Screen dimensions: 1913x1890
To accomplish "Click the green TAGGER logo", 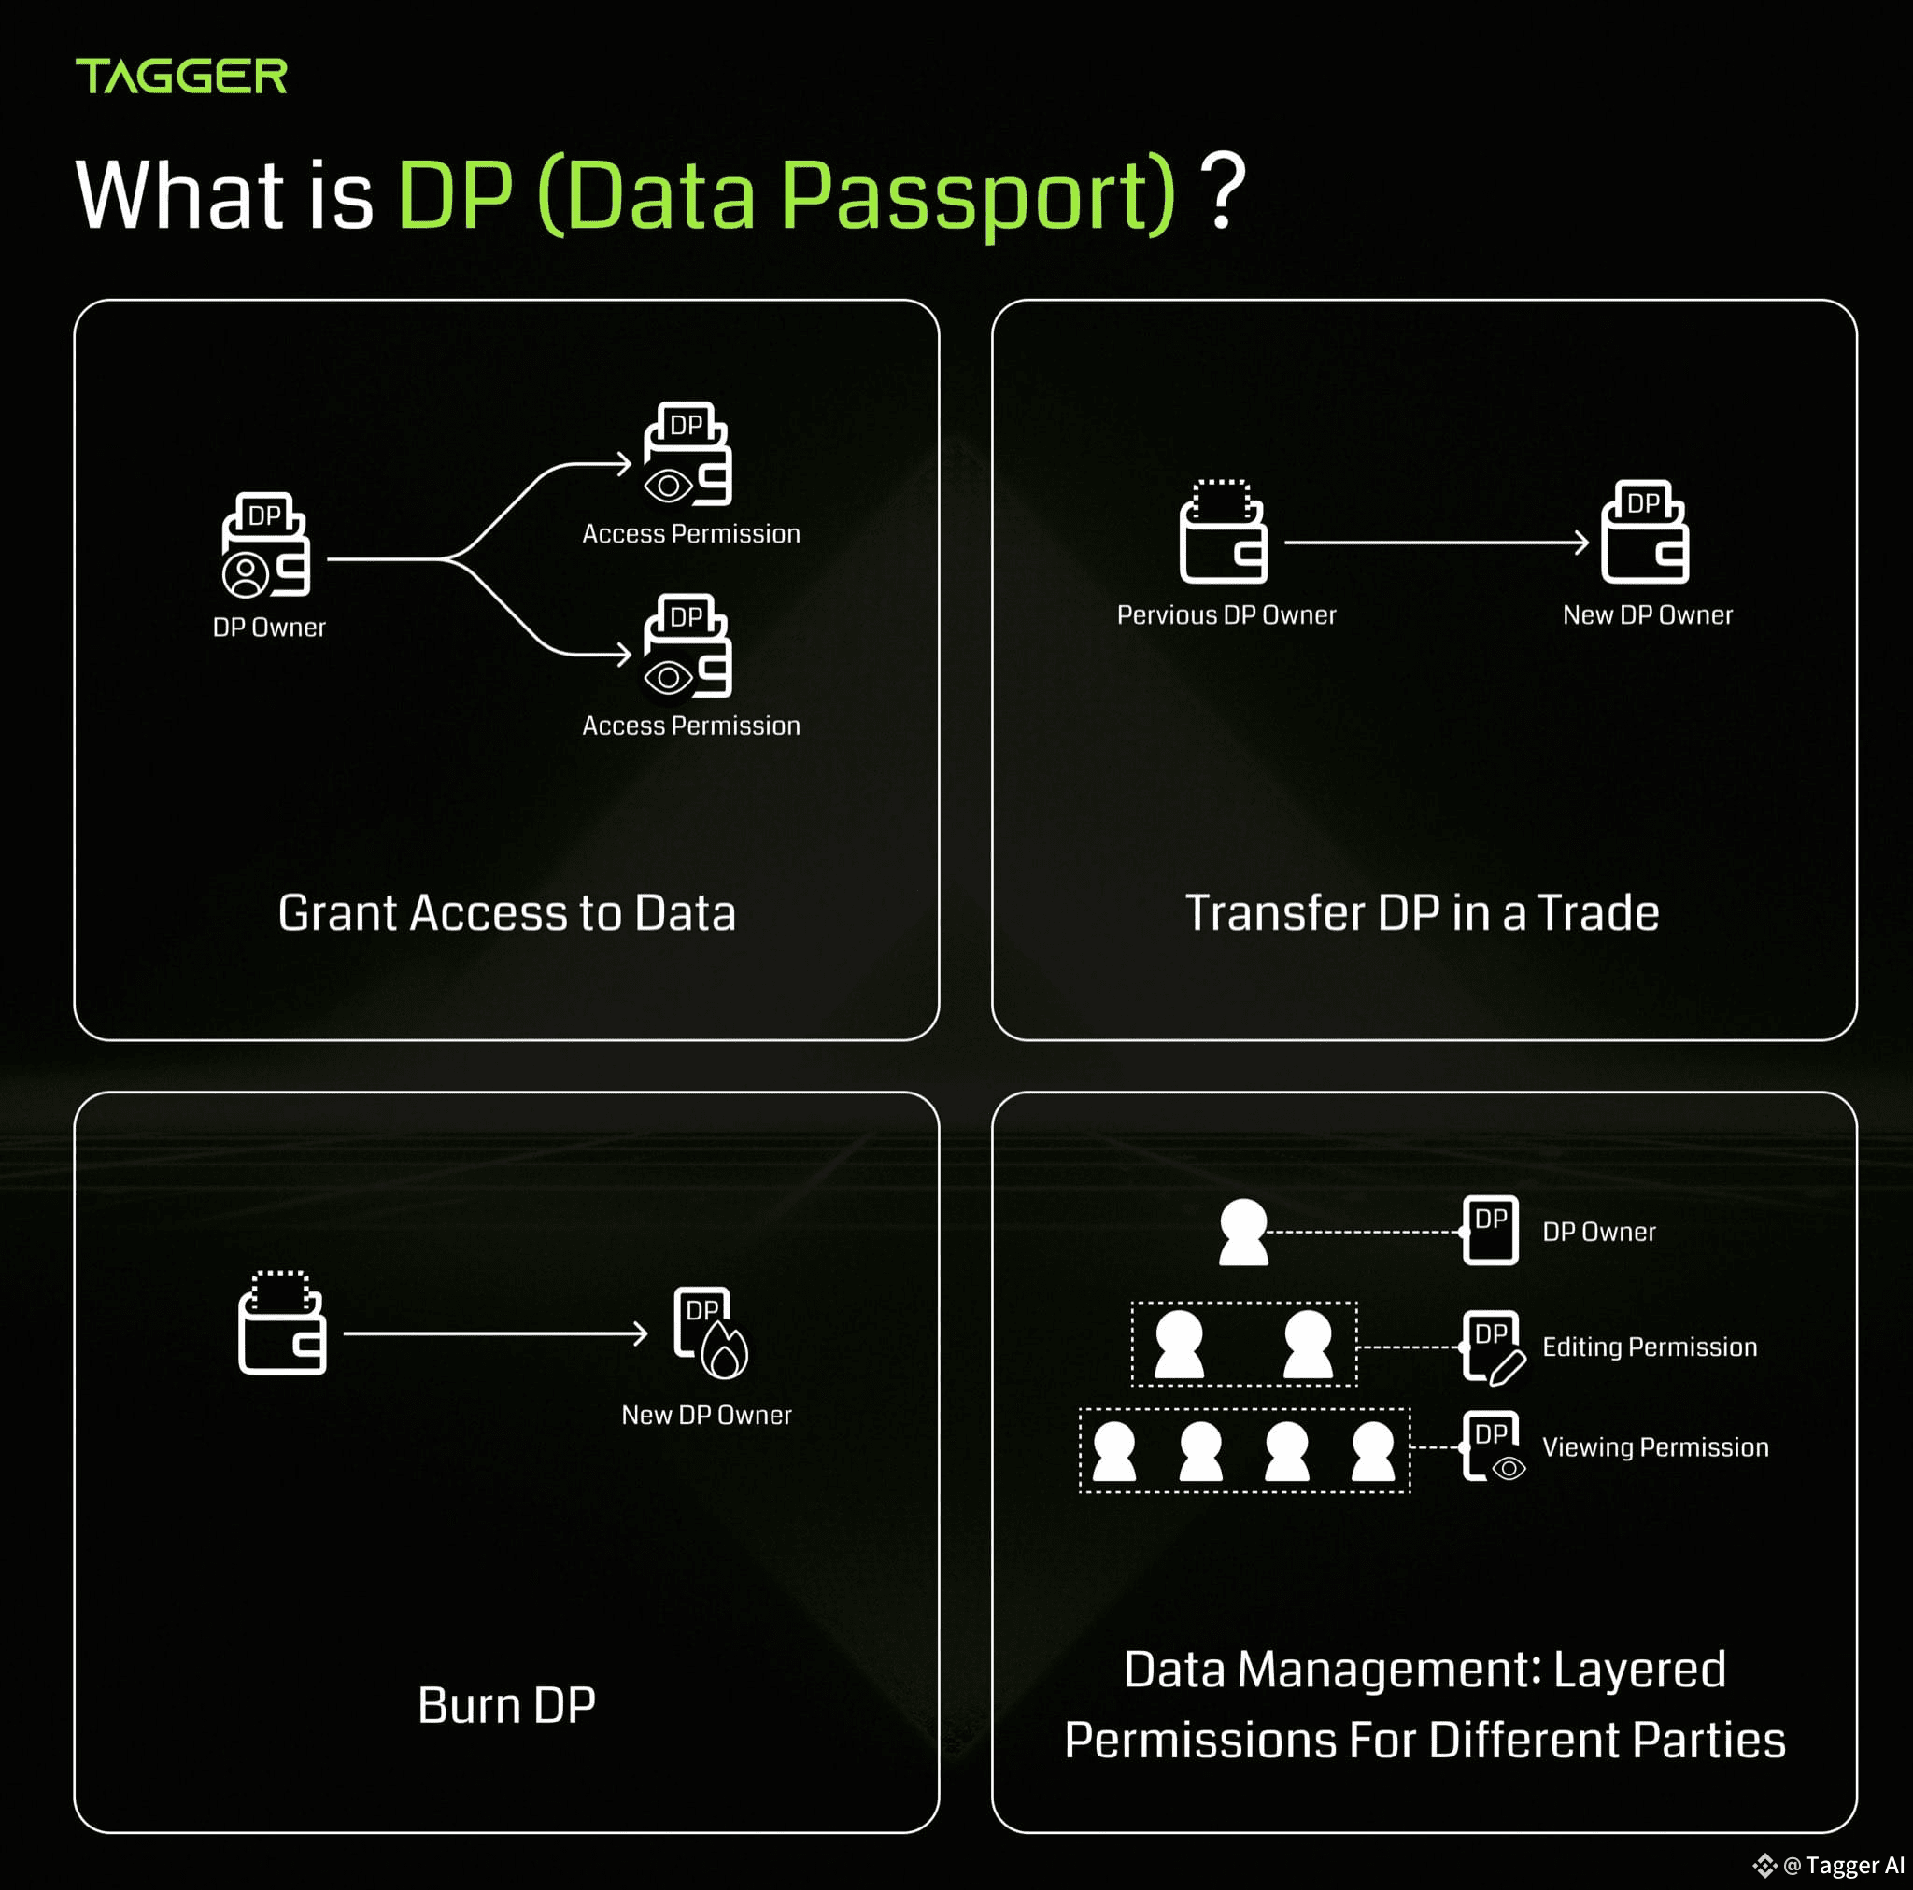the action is [x=181, y=77].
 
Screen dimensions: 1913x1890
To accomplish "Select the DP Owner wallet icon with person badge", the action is [x=265, y=544].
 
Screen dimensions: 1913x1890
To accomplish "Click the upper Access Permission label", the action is [x=691, y=533].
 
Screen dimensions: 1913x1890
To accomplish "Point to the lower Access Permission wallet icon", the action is [x=687, y=645].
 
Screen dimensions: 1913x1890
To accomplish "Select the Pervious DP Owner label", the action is [x=1226, y=614].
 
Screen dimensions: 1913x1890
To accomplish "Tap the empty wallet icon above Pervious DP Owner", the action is [x=1224, y=531].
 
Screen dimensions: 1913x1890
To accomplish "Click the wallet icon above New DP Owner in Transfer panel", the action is [x=1646, y=531].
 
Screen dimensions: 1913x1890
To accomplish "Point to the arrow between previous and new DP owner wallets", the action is [x=1437, y=543].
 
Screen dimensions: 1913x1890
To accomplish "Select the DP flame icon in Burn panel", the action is [x=711, y=1333].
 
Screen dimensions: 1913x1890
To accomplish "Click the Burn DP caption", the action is [x=507, y=1705].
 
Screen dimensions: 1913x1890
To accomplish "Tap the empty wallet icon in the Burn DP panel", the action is [x=282, y=1322].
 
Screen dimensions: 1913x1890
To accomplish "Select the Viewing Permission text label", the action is [x=1655, y=1447].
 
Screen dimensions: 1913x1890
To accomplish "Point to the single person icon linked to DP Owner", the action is [x=1243, y=1232].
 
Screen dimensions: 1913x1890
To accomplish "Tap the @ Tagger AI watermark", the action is [x=1830, y=1865].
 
